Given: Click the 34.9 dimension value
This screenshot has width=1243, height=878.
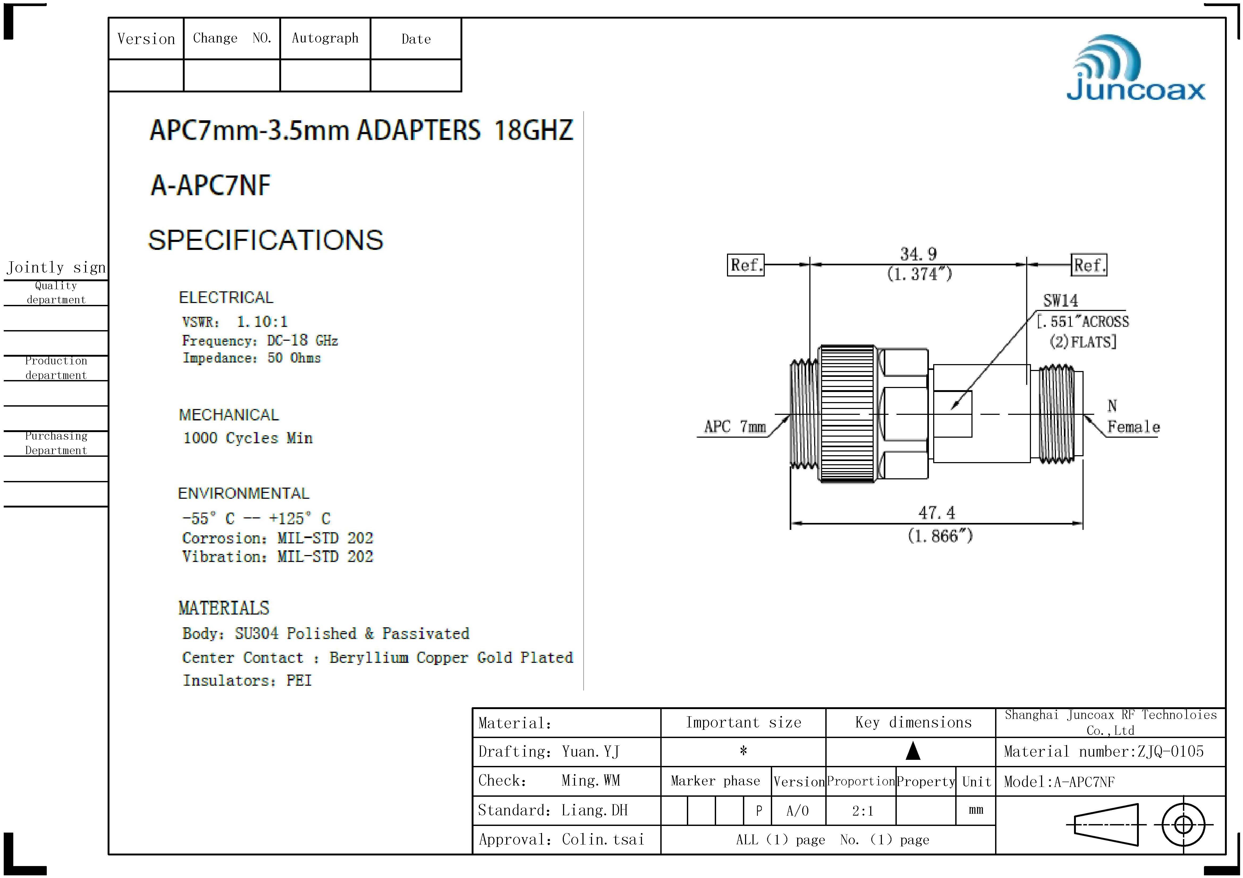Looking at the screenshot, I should (918, 254).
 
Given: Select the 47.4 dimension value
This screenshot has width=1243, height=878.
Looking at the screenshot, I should (937, 512).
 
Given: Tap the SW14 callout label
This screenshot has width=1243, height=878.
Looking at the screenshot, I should (1060, 300).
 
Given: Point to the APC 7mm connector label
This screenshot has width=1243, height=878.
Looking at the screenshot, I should (734, 427).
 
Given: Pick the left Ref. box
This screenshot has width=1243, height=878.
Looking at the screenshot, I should (746, 265).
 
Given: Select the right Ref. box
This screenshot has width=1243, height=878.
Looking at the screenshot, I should (1089, 265).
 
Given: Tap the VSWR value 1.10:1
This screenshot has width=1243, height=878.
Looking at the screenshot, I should (262, 322).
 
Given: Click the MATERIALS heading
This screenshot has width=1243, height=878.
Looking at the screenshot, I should (223, 608).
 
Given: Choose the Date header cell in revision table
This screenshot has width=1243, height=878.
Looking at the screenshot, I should (416, 39).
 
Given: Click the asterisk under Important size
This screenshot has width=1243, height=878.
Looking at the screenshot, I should (743, 751).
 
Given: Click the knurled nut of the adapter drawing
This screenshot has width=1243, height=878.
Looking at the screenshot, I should (847, 414).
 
